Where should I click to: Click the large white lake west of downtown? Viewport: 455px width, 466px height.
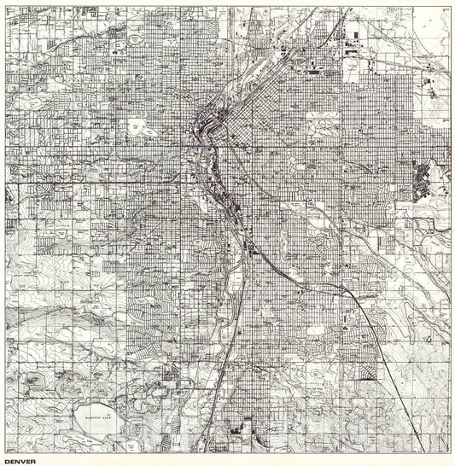(136, 129)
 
